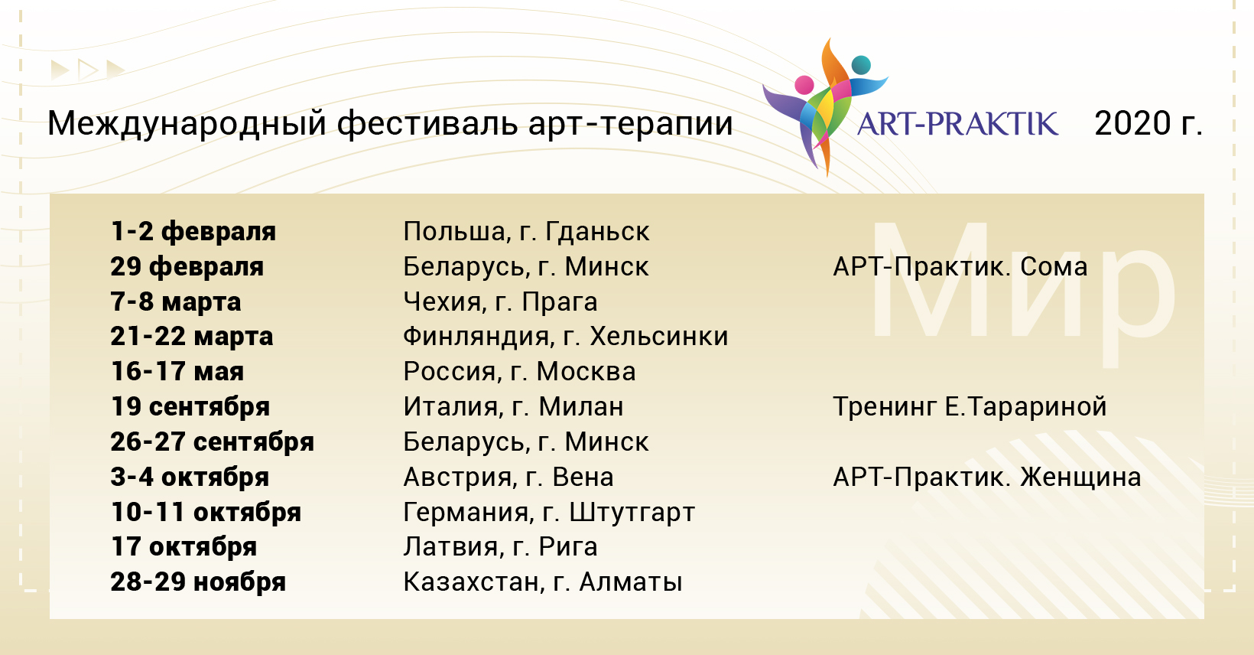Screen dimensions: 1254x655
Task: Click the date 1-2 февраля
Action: (x=193, y=231)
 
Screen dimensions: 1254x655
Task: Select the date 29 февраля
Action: (x=187, y=267)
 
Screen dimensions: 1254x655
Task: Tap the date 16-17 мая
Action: (x=177, y=371)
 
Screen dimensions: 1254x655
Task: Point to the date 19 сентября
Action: (x=190, y=407)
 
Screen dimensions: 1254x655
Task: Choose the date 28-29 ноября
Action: (x=198, y=582)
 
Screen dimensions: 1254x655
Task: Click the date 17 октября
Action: (x=184, y=547)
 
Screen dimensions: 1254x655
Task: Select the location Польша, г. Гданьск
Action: (x=526, y=231)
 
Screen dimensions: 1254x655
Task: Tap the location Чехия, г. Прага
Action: (x=501, y=302)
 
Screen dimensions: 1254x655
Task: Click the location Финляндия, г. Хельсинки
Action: (x=565, y=337)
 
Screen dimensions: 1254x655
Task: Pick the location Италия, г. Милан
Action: (x=513, y=407)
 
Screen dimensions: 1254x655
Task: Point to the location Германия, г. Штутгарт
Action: (x=549, y=512)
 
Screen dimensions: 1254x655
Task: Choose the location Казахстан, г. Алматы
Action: (x=543, y=582)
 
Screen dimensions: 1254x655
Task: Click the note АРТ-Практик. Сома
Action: (x=960, y=267)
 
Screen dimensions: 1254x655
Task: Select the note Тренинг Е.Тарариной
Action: (x=970, y=407)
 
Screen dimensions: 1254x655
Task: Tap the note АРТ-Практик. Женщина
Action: (x=987, y=477)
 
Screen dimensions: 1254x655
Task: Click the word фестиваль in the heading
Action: (x=427, y=123)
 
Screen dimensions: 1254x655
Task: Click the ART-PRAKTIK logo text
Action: (x=957, y=124)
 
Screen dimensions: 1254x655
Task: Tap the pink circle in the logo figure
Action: (x=804, y=85)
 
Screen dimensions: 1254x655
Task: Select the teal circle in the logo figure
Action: (x=861, y=65)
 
